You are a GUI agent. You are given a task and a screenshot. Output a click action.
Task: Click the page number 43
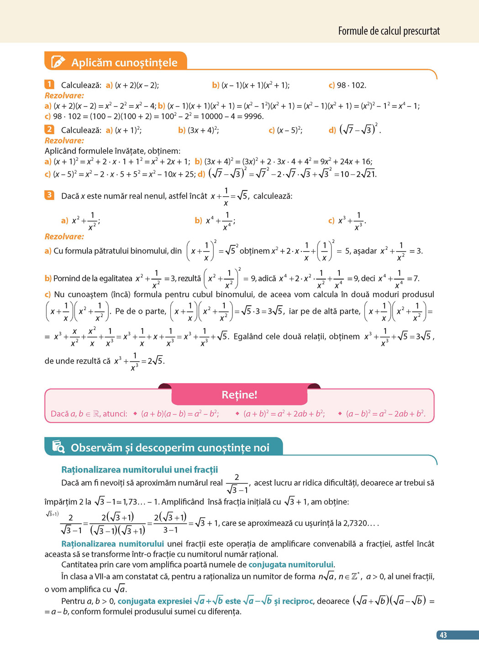[x=443, y=635]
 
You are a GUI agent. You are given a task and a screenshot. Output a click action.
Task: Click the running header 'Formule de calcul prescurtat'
[x=389, y=31]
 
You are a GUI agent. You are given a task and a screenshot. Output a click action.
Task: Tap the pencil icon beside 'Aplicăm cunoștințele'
[x=58, y=62]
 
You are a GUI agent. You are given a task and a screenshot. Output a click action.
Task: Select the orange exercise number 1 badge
[x=49, y=84]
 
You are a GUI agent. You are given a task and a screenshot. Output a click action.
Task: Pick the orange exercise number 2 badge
[x=49, y=130]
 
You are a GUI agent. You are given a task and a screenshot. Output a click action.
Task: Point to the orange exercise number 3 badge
[x=49, y=195]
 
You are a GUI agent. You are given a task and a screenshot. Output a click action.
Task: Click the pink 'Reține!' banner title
[x=239, y=394]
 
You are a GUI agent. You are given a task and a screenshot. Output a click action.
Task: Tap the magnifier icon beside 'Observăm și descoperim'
[x=58, y=447]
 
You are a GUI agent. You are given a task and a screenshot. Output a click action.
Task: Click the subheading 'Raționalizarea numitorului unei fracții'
[x=139, y=469]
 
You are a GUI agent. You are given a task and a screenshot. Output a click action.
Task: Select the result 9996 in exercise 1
[x=253, y=116]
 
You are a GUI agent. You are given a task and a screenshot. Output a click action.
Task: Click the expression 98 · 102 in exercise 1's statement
[x=351, y=85]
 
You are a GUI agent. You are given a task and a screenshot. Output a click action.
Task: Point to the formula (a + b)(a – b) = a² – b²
[x=180, y=414]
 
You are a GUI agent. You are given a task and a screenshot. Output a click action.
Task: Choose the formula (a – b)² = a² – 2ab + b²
[x=385, y=414]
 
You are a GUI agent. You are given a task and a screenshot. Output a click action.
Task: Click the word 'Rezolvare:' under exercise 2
[x=64, y=141]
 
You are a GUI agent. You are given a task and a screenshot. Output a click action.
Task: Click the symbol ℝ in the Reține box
[x=96, y=414]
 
